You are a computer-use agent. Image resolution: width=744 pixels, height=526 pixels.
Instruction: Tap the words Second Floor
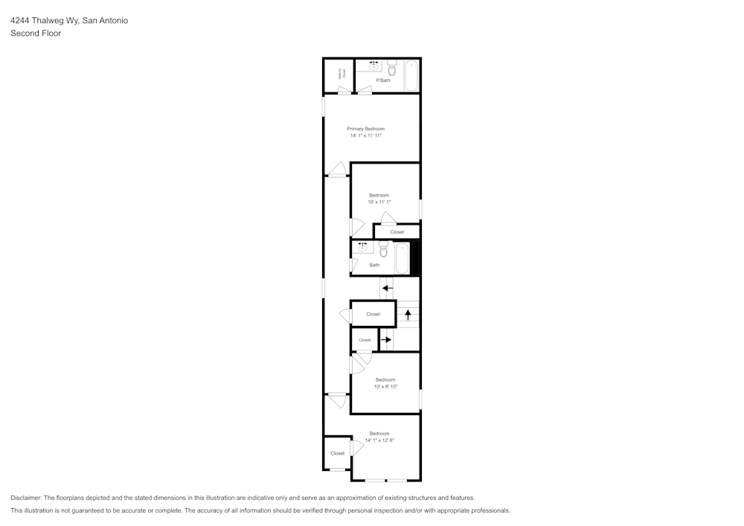36,33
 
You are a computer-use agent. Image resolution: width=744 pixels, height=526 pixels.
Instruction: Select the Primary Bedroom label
365,129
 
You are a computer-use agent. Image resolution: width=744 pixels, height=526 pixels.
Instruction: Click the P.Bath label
383,80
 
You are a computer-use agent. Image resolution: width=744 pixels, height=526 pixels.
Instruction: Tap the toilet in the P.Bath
392,68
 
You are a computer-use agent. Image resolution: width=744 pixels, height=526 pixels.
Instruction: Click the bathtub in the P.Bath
411,76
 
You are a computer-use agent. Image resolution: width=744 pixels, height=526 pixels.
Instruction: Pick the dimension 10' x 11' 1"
379,202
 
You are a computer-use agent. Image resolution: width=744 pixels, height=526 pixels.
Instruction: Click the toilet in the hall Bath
384,251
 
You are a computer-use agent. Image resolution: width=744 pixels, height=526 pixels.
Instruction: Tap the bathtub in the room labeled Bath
402,258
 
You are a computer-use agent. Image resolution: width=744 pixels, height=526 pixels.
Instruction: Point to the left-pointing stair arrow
387,287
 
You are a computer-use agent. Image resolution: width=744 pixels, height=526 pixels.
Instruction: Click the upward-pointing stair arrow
408,314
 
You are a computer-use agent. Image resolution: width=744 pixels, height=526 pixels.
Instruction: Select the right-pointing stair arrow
385,340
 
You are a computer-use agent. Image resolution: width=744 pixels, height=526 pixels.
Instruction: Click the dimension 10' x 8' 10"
385,386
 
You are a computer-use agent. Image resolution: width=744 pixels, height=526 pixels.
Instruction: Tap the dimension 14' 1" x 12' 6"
379,440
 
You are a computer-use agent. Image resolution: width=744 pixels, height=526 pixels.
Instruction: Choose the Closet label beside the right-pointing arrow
365,340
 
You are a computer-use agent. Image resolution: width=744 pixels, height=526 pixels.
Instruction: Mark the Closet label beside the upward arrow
373,314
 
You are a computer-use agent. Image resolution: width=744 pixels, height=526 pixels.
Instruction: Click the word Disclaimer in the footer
26,498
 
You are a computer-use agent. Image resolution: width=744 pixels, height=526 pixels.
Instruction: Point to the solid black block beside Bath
416,258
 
